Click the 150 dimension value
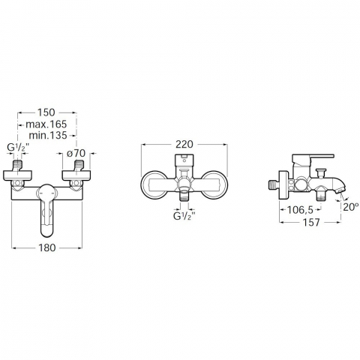tap(46, 112)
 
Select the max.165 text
tap(46, 124)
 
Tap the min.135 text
tap(48, 136)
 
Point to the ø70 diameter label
tap(76, 153)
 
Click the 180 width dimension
tap(47, 247)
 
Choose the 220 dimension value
tap(184, 144)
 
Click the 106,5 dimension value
tap(300, 210)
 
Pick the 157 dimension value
tap(311, 222)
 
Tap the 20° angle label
tap(350, 207)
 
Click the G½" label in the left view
tap(17, 148)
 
